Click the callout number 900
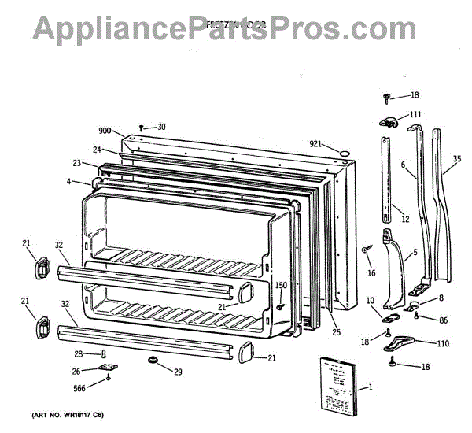click(x=105, y=131)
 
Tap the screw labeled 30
click(x=141, y=127)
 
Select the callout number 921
click(x=315, y=143)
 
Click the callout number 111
click(x=415, y=115)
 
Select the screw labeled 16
click(x=367, y=250)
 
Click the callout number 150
click(x=280, y=285)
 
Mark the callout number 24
click(x=97, y=149)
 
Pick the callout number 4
click(x=68, y=181)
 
